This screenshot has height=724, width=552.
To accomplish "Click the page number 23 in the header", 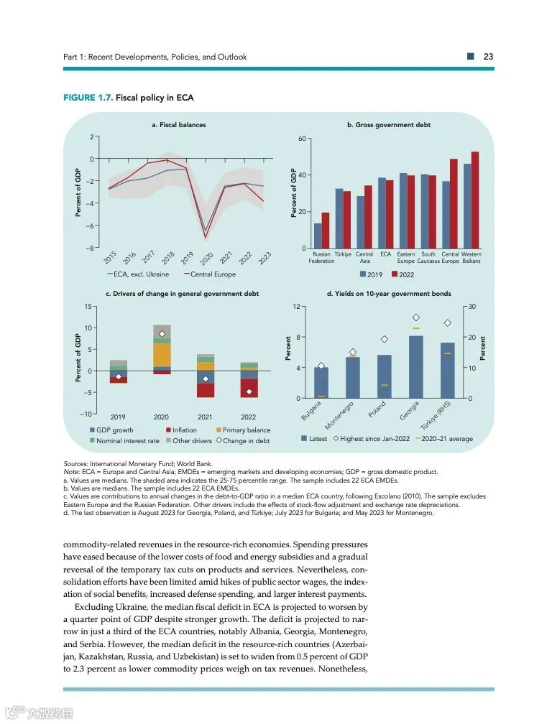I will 488,57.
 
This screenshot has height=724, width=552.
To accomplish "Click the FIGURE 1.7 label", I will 88,98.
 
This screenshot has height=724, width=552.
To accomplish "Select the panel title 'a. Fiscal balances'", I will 178,125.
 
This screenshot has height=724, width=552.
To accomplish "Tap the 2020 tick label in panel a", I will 206,259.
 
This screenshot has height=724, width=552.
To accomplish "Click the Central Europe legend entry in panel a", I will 213,274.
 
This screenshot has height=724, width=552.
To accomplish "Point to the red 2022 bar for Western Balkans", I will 474,201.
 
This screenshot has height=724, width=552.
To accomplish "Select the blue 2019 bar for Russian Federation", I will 318,236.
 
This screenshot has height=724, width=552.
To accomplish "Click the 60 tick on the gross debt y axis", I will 303,138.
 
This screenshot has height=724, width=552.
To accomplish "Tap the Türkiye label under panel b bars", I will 342,254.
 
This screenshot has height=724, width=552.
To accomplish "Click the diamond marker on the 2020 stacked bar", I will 162,334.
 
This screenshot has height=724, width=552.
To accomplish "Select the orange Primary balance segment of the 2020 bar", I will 162,355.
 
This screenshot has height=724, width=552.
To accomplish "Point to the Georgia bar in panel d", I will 415,366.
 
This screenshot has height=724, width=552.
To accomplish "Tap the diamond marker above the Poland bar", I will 385,339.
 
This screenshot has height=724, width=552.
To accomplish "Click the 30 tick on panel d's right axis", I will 472,307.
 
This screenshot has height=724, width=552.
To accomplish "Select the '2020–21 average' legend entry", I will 446,439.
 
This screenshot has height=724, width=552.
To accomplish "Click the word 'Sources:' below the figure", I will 75,464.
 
